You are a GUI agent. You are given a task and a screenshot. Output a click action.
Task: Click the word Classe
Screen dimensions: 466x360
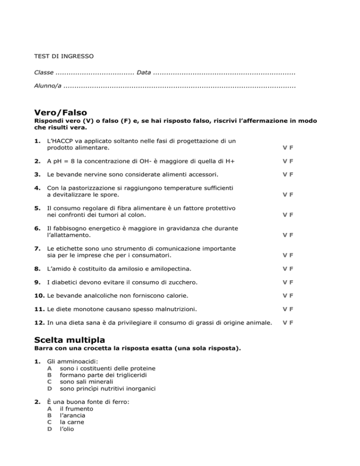(44, 73)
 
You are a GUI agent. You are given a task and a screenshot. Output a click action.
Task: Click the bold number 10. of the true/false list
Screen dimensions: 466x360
(41, 296)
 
